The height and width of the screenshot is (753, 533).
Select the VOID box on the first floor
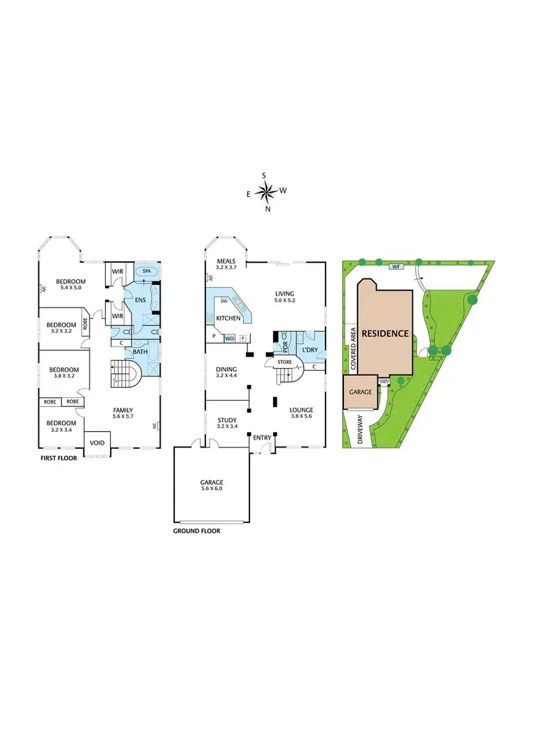pyautogui.click(x=96, y=443)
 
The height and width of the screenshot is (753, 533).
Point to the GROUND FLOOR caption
pyautogui.click(x=197, y=531)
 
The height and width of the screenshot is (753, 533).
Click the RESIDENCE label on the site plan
pyautogui.click(x=384, y=333)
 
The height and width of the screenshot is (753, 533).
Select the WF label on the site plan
pyautogui.click(x=394, y=267)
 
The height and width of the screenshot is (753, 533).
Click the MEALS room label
pyautogui.click(x=227, y=261)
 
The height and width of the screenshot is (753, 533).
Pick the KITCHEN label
pyautogui.click(x=229, y=318)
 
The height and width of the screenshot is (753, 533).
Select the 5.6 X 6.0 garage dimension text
pyautogui.click(x=211, y=489)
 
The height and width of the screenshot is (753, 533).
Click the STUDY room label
pyautogui.click(x=227, y=421)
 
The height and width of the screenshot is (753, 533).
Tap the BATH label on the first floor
pyautogui.click(x=139, y=351)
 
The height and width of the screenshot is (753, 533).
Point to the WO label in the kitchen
pyautogui.click(x=229, y=338)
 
